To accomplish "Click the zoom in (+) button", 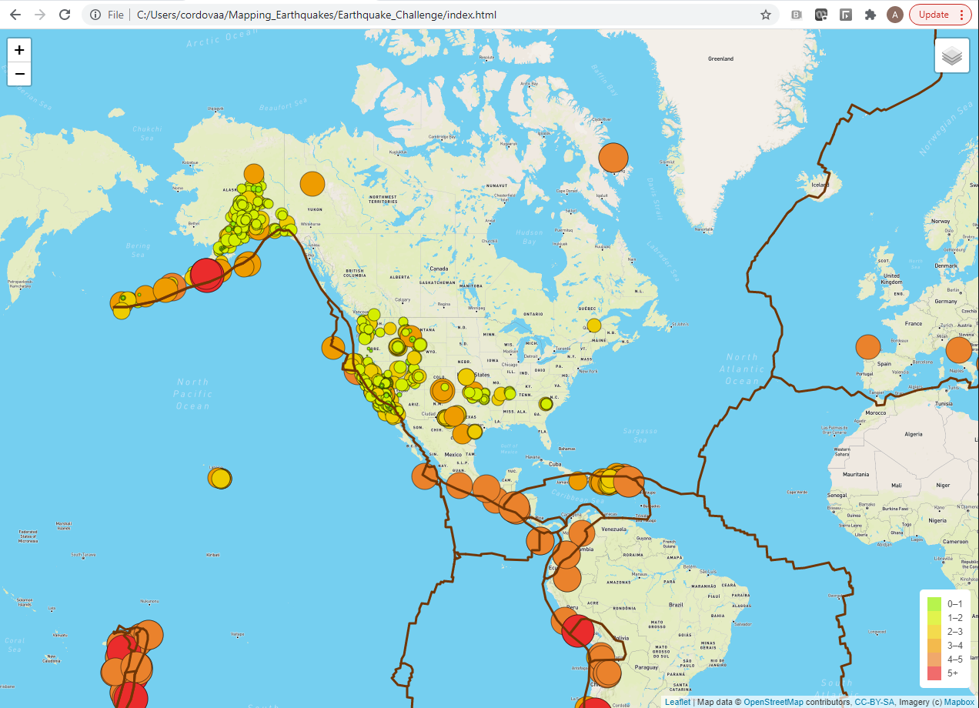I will click(19, 49).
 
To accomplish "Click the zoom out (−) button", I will click(19, 74).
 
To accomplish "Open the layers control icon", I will click(952, 56).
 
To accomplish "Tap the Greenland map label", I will click(720, 58).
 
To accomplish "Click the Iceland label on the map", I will click(820, 185).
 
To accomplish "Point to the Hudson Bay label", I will click(529, 236).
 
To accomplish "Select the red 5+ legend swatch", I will click(934, 673).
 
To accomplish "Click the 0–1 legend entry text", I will click(954, 604).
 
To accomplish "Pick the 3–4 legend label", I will click(954, 645).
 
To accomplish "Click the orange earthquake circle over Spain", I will click(867, 347).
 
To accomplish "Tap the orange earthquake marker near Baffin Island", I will click(613, 158).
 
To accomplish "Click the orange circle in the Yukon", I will click(312, 184).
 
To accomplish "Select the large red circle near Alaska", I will click(206, 274).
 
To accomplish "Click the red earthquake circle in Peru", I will click(577, 632).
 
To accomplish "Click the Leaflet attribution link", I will click(677, 702).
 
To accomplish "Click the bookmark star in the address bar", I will click(766, 15).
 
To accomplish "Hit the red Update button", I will click(940, 15).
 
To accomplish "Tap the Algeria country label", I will click(913, 434).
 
